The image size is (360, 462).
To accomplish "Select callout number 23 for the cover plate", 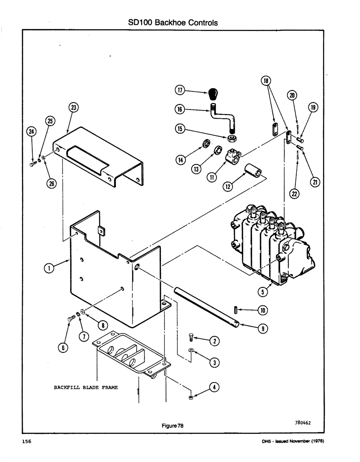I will pyautogui.click(x=73, y=109).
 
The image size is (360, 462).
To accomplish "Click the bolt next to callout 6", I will pyautogui.click(x=72, y=318).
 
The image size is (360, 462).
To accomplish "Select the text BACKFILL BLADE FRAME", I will pyautogui.click(x=85, y=388).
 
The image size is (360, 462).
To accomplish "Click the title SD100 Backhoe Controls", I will pyautogui.click(x=172, y=22).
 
